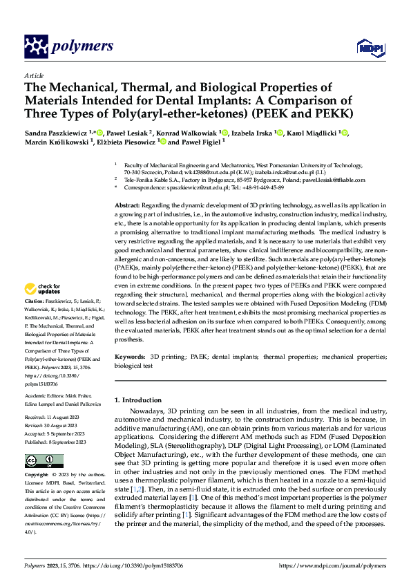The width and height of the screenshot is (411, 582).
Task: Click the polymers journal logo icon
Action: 37,46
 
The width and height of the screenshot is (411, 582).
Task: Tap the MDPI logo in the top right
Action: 366,47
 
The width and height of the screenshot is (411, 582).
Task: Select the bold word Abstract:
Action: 126,206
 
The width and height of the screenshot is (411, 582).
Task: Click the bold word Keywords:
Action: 129,357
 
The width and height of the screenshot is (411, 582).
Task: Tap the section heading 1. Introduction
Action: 142,400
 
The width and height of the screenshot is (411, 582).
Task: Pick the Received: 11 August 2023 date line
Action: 54,417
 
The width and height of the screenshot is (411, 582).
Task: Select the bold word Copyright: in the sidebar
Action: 36,476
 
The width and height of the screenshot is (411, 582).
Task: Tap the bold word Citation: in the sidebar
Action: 35,321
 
